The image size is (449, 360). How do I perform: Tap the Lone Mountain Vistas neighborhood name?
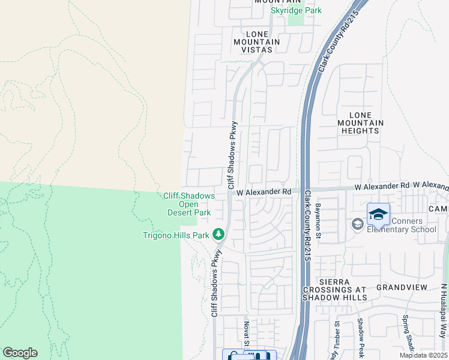[x=258, y=42]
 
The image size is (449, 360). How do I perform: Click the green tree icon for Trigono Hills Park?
[x=219, y=234]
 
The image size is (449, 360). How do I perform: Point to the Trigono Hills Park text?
[x=176, y=235]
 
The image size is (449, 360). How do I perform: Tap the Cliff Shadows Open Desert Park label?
[x=189, y=204]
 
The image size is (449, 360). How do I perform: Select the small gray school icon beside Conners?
[x=357, y=224]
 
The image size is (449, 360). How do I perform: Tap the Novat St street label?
[x=246, y=332]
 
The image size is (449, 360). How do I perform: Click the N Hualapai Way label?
[x=444, y=310]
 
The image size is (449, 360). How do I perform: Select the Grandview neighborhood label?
[x=402, y=287]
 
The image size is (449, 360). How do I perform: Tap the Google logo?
[x=20, y=353]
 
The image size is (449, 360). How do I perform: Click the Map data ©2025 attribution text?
[x=423, y=355]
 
